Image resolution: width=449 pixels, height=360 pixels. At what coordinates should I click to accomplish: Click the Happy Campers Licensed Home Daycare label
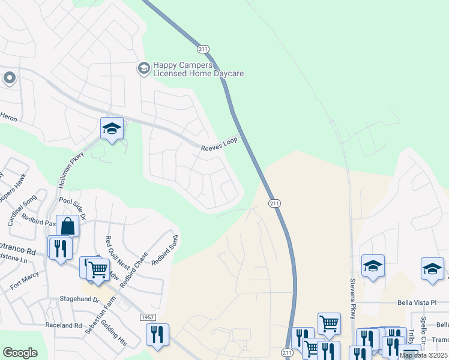[x=198, y=69]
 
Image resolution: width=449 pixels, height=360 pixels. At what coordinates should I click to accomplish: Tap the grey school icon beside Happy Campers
[x=143, y=68]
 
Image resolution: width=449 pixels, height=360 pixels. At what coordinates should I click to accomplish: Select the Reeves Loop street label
[x=219, y=143]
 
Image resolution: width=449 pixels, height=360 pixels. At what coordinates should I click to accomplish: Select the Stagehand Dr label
[x=79, y=298]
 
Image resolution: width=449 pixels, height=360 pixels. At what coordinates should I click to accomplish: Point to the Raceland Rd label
[x=64, y=325]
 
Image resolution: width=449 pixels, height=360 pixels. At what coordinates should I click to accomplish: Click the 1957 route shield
[x=147, y=316]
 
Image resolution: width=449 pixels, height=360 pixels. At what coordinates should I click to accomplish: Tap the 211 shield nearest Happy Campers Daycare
[x=202, y=48]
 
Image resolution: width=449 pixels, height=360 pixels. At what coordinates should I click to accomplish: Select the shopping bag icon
[x=68, y=226]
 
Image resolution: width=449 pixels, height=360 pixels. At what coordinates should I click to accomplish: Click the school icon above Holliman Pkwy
[x=112, y=128]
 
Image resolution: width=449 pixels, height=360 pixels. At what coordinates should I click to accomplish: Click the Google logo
[x=20, y=353]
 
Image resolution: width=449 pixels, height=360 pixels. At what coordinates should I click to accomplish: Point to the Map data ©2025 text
[x=423, y=355]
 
